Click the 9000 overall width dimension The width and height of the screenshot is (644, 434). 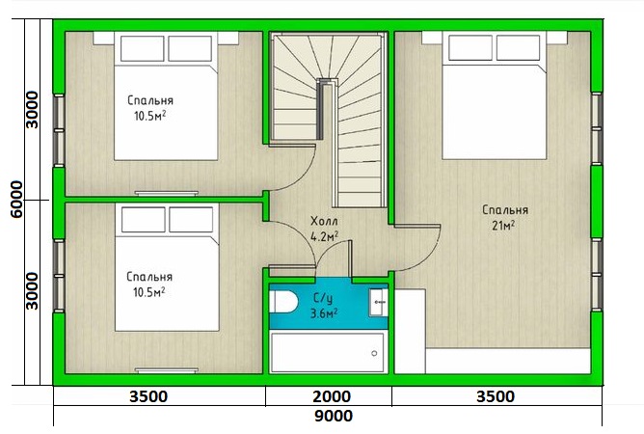334,416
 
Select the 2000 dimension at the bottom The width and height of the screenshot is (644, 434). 332,396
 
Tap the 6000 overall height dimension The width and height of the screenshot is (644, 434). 16,200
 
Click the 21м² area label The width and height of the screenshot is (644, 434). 503,226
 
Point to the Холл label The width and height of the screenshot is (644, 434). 325,222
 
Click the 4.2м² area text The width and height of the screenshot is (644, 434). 325,236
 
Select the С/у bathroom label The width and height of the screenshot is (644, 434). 323,298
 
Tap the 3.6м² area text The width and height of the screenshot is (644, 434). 324,313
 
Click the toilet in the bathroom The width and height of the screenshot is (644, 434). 283,302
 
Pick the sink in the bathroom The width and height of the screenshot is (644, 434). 378,302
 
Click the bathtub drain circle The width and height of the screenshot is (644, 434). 374,353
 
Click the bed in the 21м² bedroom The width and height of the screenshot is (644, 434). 495,95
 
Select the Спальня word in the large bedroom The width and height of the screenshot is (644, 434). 505,210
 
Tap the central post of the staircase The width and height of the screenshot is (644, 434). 325,109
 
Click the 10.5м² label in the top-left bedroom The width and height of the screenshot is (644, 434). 149,116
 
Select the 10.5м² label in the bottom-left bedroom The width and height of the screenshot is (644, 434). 149,292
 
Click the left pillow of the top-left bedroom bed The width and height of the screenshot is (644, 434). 142,48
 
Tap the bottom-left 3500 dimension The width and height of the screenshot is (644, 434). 148,396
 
